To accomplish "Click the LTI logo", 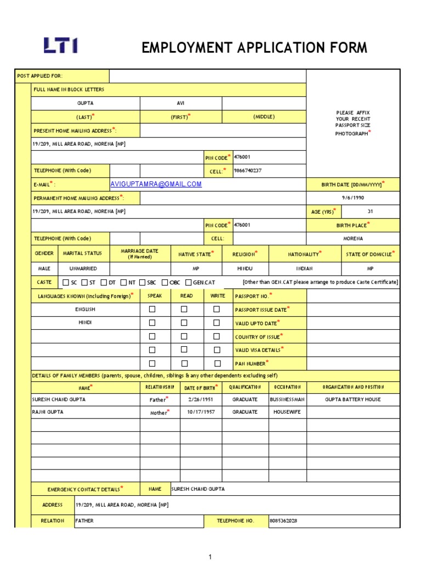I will [x=60, y=45].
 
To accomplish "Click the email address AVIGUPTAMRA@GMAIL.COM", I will [x=156, y=184].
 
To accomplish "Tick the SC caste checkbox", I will [x=66, y=282].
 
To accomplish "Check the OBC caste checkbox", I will [x=166, y=282].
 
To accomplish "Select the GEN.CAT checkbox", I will [x=189, y=282].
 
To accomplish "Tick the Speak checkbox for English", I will [x=152, y=309].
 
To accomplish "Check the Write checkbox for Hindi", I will [x=217, y=323].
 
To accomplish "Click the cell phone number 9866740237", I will [x=248, y=170].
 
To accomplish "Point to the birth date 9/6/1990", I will [x=352, y=198].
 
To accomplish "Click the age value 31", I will [x=370, y=211].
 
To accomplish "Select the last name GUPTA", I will [x=86, y=103].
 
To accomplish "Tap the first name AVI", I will [x=181, y=103].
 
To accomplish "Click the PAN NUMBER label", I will [x=250, y=363].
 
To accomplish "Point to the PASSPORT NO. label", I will [x=252, y=296].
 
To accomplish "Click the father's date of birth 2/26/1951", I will [x=200, y=399].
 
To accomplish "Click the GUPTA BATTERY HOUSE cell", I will [x=352, y=399].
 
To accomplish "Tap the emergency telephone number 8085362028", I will [x=284, y=520].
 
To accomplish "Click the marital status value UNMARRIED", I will [x=83, y=268].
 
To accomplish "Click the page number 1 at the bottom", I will [x=209, y=557].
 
